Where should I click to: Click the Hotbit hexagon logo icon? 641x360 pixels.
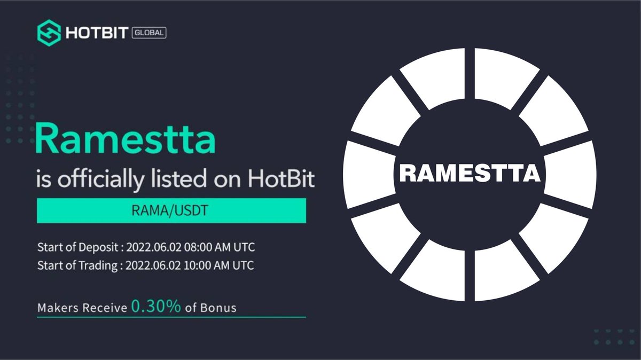tap(49, 32)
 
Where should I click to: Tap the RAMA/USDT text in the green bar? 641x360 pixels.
tap(171, 211)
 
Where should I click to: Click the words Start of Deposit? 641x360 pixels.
tap(78, 248)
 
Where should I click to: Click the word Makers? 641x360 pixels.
tap(56, 308)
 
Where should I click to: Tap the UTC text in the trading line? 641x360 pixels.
tap(243, 265)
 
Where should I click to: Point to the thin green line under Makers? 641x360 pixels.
tap(171, 317)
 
